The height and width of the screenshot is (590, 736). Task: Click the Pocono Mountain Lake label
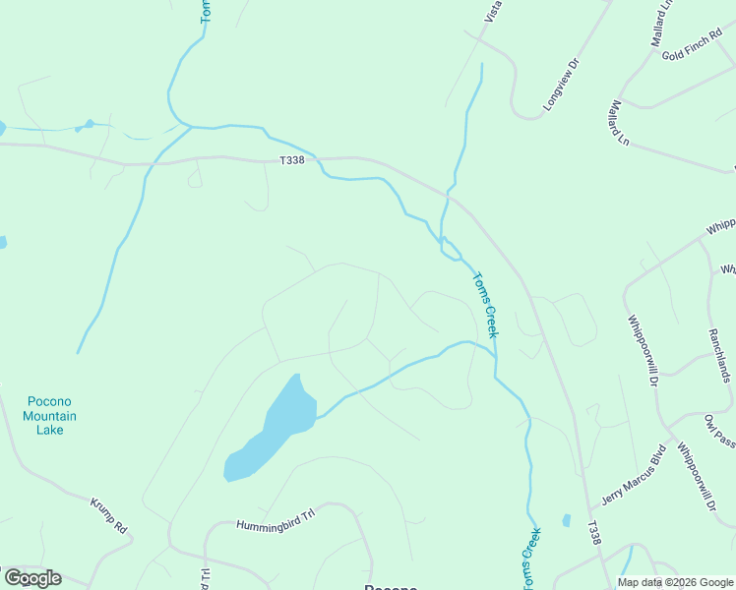tap(50, 415)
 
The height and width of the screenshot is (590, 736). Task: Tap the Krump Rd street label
tap(109, 515)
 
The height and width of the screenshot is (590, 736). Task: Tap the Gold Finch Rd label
tap(692, 54)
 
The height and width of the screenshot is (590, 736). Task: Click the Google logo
tap(32, 578)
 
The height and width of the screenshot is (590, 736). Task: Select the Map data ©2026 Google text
tap(674, 582)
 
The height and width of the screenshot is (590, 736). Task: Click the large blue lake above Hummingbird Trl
tap(274, 427)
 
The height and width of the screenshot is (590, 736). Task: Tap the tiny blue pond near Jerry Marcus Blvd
tap(566, 519)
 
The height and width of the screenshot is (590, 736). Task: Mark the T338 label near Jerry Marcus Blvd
tap(593, 534)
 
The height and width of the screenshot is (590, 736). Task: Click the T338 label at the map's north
tap(293, 162)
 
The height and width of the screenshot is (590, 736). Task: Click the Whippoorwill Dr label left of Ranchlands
tap(644, 349)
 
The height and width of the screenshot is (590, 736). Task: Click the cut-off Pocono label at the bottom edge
tap(391, 587)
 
